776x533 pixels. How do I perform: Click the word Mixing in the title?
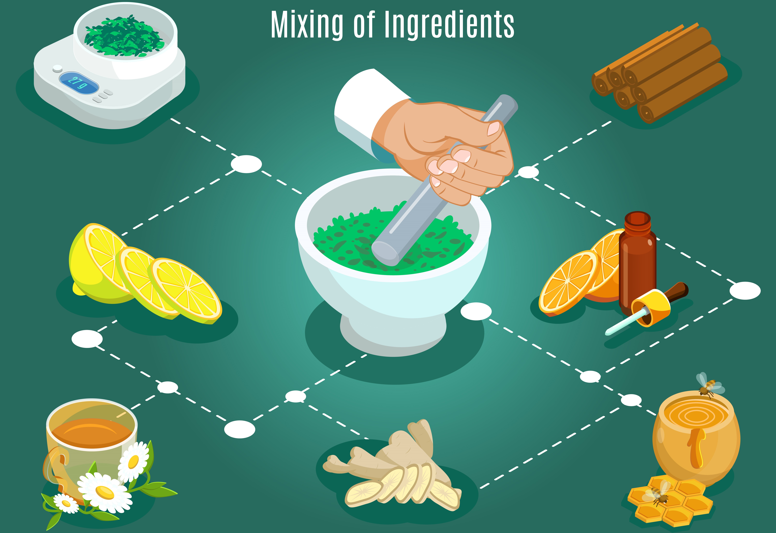(307, 25)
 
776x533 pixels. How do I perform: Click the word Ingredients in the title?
(449, 25)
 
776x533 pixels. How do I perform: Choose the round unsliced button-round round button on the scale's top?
(57, 68)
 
